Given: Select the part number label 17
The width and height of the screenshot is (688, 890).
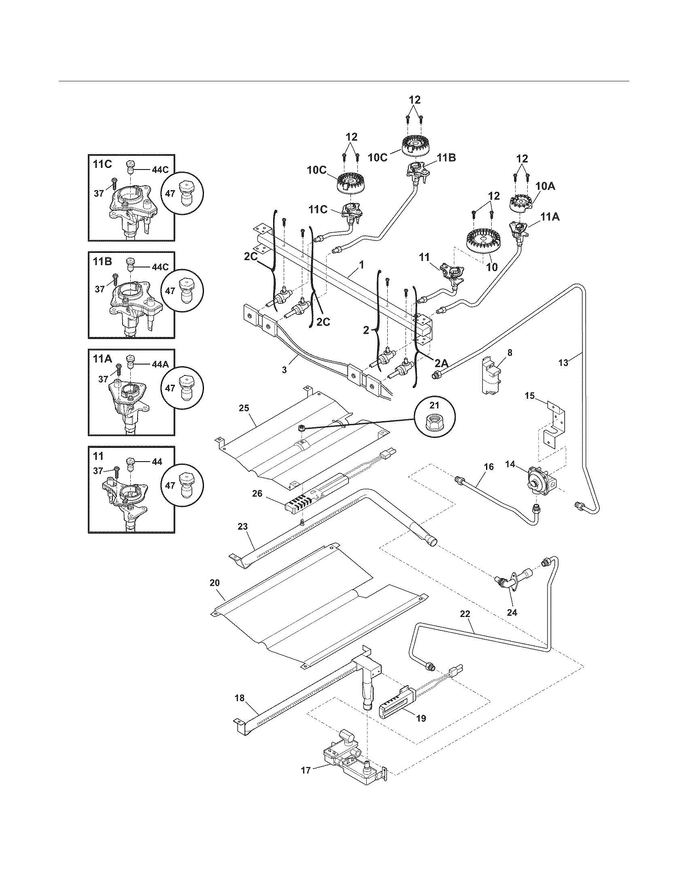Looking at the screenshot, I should [306, 770].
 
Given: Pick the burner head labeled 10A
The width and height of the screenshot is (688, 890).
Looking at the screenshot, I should [521, 203].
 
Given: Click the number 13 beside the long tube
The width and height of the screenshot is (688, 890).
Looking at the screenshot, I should [563, 363].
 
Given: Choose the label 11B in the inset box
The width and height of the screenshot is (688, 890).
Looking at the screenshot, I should [102, 261].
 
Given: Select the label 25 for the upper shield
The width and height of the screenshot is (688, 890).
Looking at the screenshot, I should [244, 408].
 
